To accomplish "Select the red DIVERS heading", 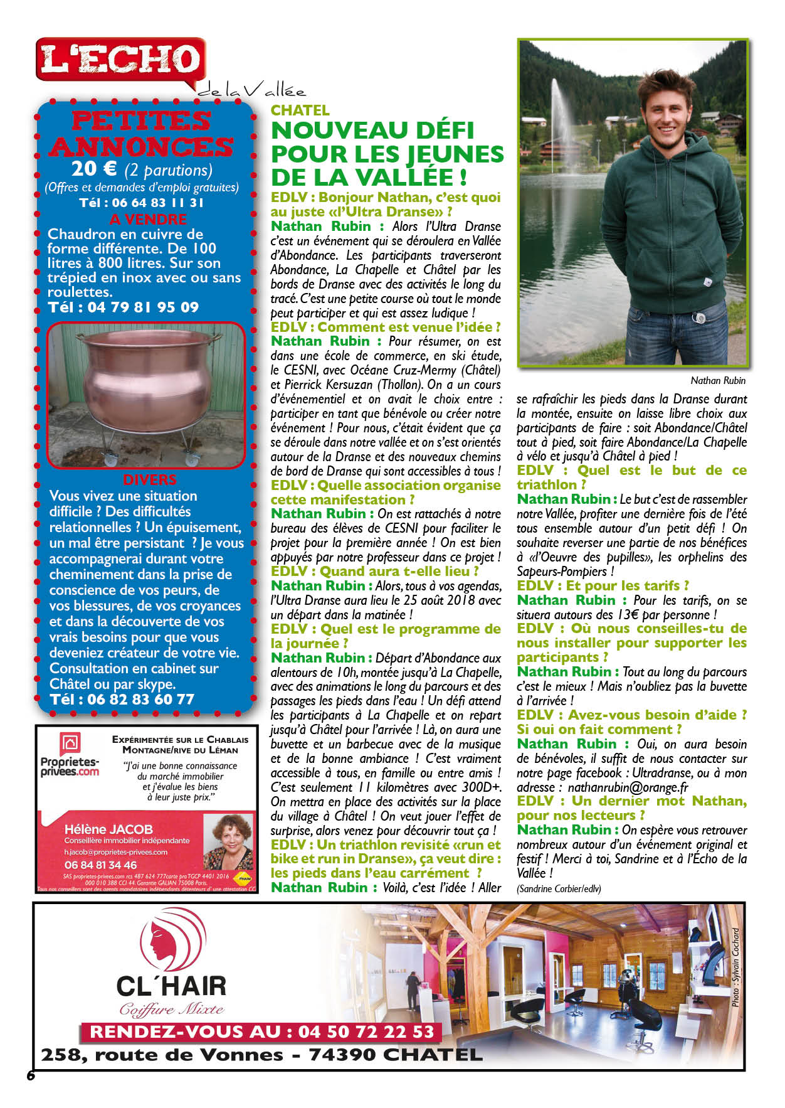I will (x=149, y=480).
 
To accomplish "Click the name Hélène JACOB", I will (x=108, y=829).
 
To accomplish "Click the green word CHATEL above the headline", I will (x=300, y=110).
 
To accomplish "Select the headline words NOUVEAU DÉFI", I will (x=372, y=131).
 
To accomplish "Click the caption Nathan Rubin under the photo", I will (x=717, y=380).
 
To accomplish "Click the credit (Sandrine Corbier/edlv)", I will (x=559, y=888).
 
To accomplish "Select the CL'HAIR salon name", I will (x=171, y=986).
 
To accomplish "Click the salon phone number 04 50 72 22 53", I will (x=366, y=1032).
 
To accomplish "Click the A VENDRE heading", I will (x=148, y=219).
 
